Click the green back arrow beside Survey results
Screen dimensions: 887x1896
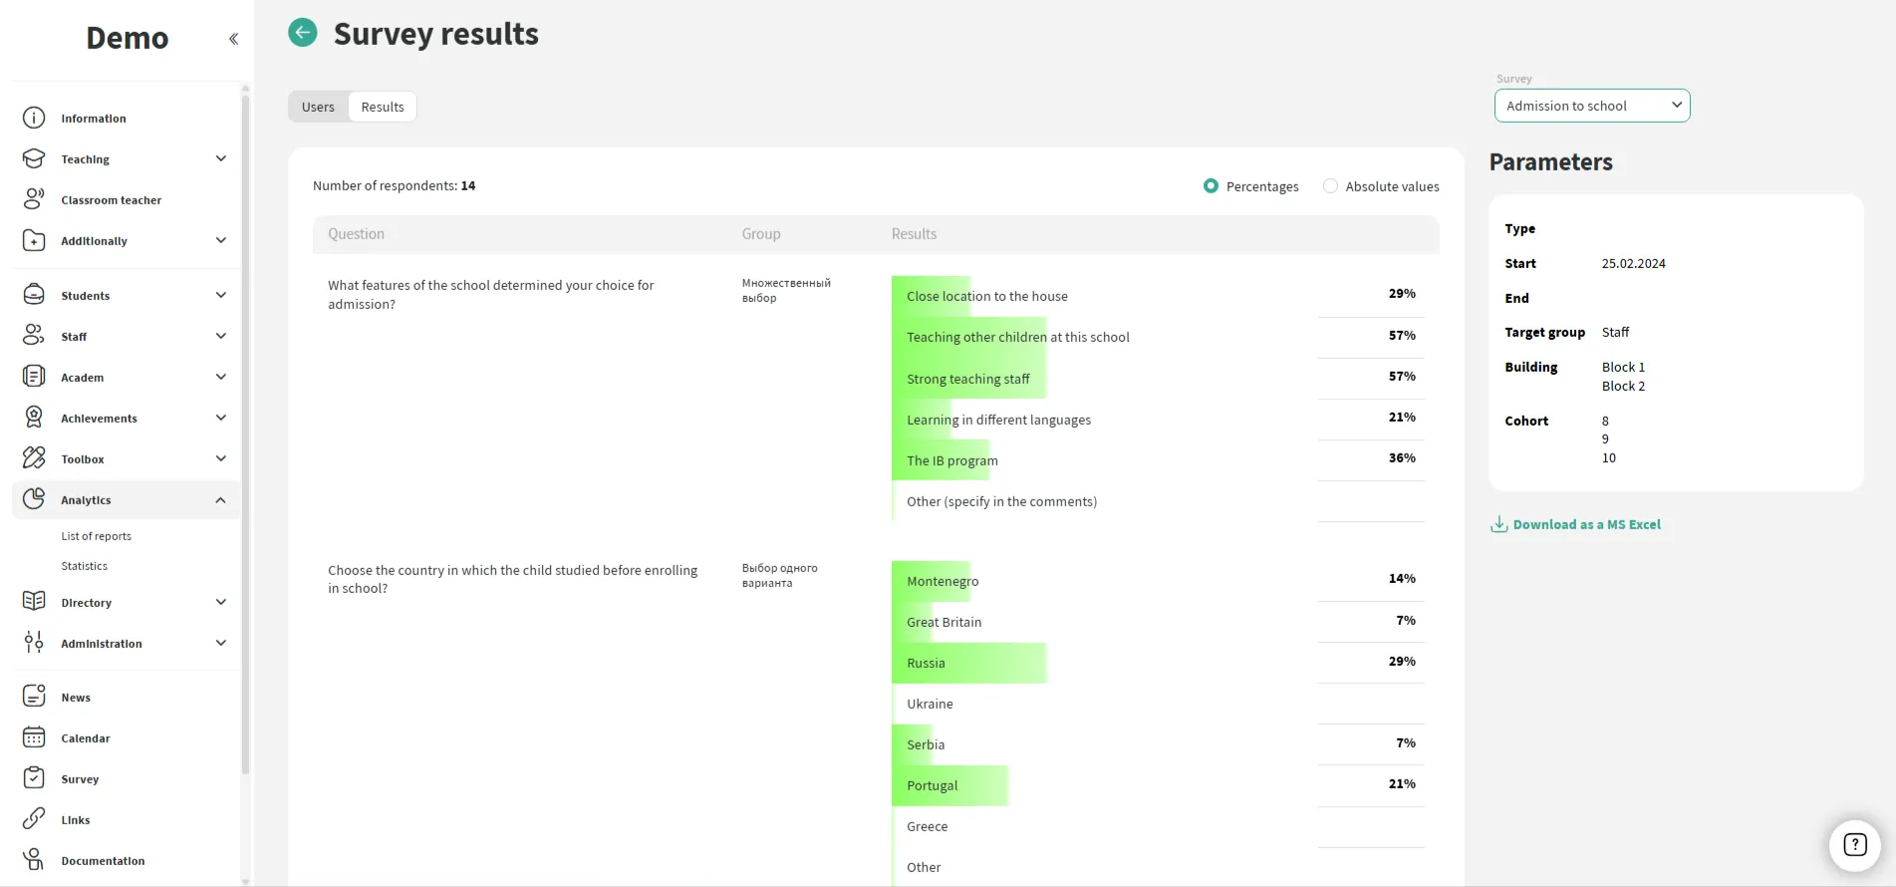point(303,33)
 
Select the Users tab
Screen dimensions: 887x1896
point(318,107)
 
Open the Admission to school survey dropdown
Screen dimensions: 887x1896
point(1591,106)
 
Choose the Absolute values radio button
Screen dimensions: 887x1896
point(1330,186)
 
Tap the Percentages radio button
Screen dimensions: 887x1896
point(1211,186)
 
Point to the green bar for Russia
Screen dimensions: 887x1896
point(968,663)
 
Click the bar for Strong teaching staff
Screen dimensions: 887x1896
point(968,379)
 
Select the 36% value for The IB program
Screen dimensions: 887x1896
point(1401,458)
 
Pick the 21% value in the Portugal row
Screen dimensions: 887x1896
point(1401,784)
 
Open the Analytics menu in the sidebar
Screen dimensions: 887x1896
point(87,500)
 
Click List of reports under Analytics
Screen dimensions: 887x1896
point(97,536)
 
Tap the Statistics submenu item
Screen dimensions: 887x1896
point(85,566)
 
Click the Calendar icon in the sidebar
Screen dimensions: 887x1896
point(34,738)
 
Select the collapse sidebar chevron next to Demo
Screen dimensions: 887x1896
point(234,39)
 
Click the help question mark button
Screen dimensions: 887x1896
point(1854,845)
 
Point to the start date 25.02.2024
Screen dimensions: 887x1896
point(1633,264)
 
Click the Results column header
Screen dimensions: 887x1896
point(914,234)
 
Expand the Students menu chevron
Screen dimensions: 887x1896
point(221,295)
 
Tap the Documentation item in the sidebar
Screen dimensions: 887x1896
point(103,861)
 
